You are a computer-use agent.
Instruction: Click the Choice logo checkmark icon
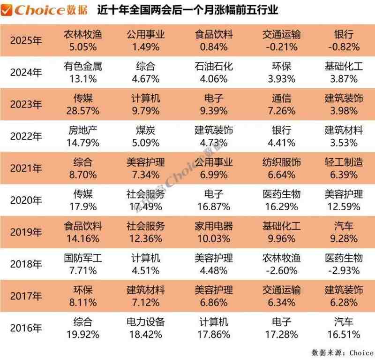[x=7, y=10]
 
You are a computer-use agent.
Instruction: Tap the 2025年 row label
[x=26, y=41]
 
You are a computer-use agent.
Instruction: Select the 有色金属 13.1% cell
[x=82, y=72]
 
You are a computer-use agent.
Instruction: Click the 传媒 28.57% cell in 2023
[x=82, y=104]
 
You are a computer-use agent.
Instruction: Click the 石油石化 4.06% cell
[x=213, y=72]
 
